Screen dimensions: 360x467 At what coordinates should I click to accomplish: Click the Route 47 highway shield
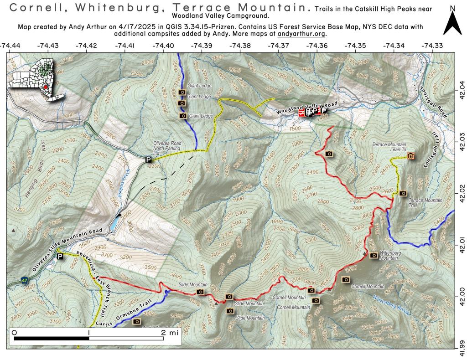pos(25,280)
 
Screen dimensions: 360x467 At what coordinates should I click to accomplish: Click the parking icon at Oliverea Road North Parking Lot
pos(148,159)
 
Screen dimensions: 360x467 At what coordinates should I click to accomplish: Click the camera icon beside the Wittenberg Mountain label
pos(374,255)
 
